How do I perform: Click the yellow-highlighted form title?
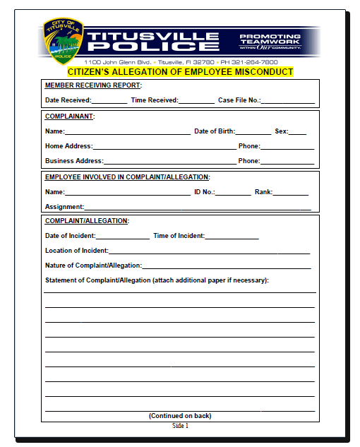tap(180, 72)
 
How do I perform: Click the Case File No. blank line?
tap(287, 100)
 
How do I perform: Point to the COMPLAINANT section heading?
tap(70, 116)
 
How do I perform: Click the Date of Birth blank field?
tap(253, 131)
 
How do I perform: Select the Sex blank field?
tap(297, 131)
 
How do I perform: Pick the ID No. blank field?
tap(232, 192)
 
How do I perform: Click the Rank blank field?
tap(290, 192)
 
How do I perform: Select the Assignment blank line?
tap(197, 207)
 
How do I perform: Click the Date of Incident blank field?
tap(122, 236)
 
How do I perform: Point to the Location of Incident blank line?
tap(209, 251)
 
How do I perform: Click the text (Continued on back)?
tap(180, 416)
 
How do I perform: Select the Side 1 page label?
tap(180, 426)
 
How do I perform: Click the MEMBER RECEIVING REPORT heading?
tap(93, 85)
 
